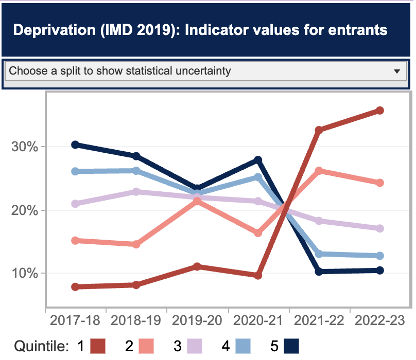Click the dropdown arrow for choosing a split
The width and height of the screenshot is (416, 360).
396,71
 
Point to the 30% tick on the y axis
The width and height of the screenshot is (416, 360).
25,147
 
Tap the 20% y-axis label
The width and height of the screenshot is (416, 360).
25,210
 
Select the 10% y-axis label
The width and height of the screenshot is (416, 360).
25,273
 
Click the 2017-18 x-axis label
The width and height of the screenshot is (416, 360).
75,321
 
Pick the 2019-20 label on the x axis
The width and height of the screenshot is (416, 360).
197,321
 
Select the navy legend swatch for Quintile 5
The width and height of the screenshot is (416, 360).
291,346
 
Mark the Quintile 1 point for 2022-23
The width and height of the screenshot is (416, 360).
380,111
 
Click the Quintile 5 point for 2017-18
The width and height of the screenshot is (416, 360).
75,145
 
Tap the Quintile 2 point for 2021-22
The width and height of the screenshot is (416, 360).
319,171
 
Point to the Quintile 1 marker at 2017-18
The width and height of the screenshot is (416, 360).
75,287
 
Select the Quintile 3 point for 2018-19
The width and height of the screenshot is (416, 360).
136,192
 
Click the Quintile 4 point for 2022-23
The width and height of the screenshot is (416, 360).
380,256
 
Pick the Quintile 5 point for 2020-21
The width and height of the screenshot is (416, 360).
258,160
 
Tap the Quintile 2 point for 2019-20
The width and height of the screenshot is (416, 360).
197,202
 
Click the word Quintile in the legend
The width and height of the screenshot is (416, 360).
41,346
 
